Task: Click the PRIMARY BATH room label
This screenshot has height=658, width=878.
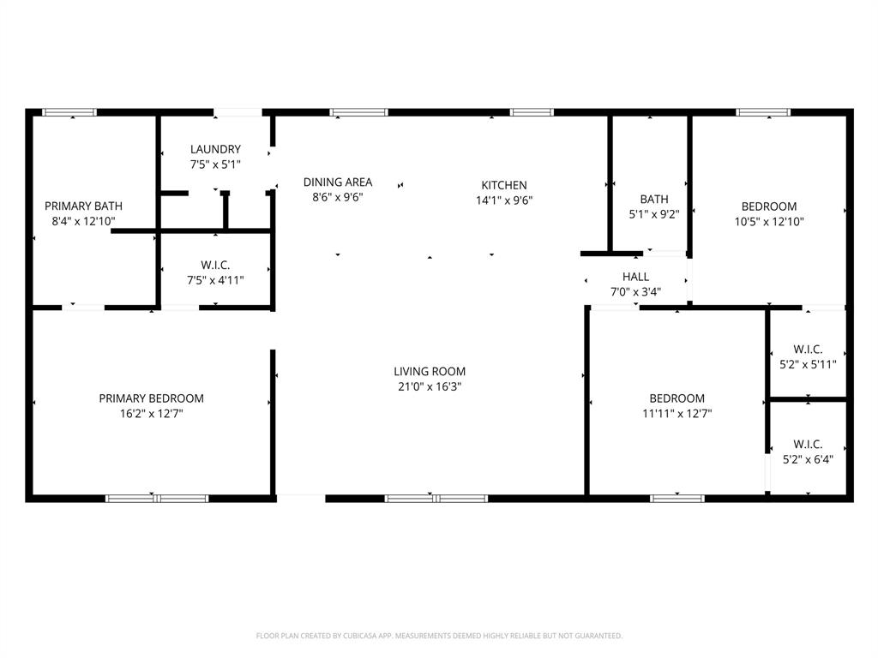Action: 83,206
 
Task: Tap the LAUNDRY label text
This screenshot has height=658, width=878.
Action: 215,149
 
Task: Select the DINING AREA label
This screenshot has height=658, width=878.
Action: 338,182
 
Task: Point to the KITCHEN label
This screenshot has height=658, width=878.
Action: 503,185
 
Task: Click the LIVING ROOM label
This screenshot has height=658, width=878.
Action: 430,371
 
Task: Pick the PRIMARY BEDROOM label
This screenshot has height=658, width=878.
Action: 151,398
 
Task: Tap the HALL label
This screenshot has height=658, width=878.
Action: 635,277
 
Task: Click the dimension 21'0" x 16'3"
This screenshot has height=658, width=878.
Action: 430,386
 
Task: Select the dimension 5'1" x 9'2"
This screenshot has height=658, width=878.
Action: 653,215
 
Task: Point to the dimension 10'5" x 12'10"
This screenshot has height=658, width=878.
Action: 768,222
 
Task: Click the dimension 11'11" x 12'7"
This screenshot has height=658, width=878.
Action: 677,414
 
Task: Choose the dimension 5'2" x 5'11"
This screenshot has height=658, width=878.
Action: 808,364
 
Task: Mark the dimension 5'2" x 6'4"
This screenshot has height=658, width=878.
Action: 808,459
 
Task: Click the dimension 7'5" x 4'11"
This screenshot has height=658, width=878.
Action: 215,279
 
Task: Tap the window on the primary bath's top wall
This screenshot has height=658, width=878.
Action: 69,112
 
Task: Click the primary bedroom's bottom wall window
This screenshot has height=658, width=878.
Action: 157,498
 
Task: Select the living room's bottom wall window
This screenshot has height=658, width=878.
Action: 436,498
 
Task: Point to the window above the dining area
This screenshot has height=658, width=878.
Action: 358,112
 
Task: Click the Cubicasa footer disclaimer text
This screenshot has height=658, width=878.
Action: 439,636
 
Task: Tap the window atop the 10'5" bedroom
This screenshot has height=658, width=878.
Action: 762,112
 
